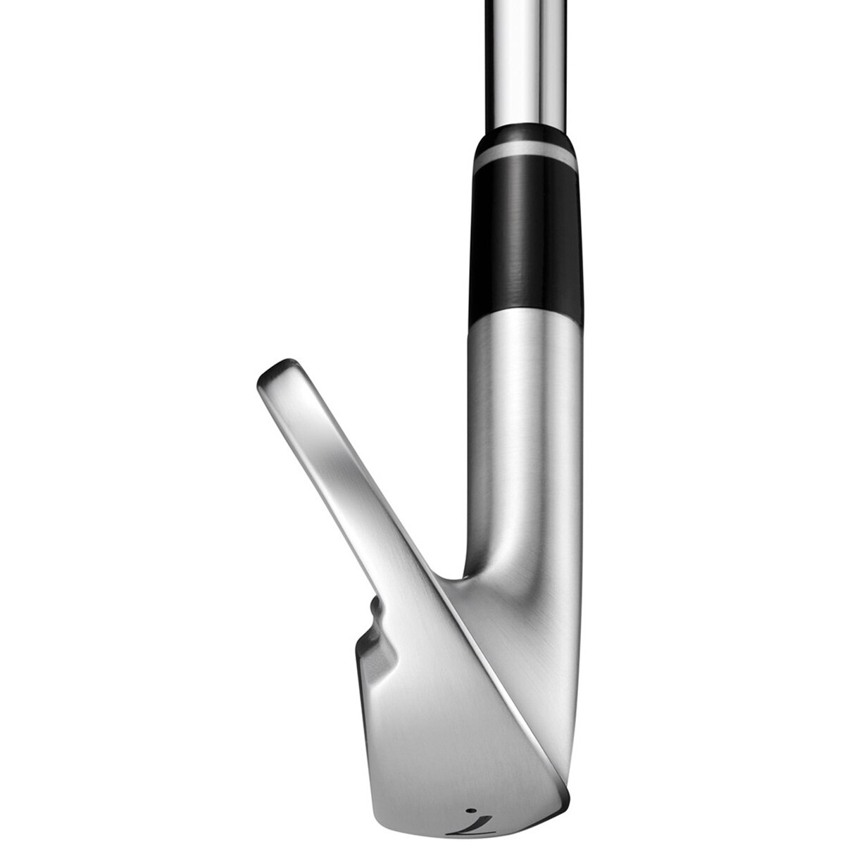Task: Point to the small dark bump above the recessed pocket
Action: (375, 607)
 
